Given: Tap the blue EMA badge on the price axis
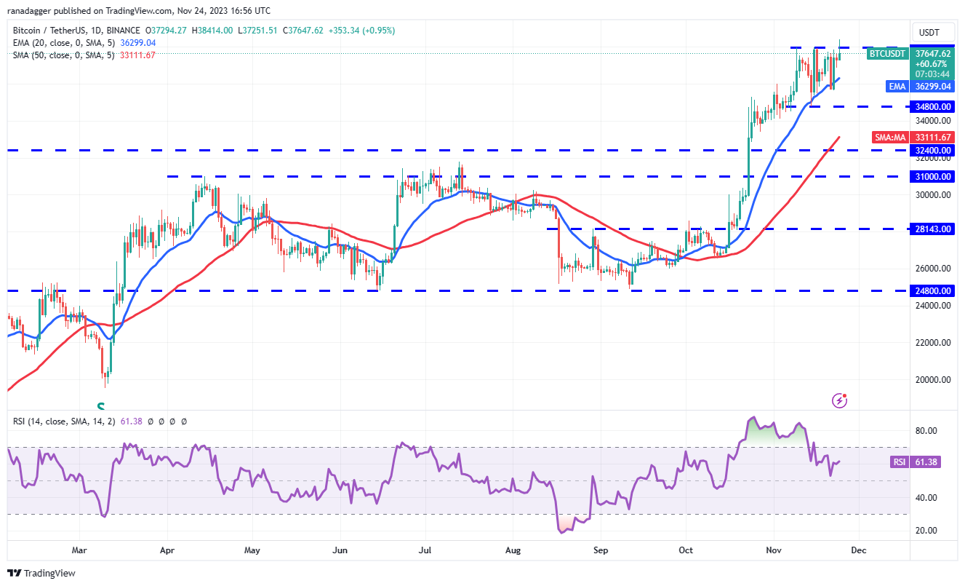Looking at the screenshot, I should [897, 86].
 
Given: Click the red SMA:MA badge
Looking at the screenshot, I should [890, 137].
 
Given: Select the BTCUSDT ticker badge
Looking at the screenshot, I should [888, 53].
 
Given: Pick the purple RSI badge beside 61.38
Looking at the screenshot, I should [898, 462].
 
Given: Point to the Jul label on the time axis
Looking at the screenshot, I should [425, 550].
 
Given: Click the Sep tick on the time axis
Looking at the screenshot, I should [600, 550].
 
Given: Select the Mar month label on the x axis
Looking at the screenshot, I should [80, 550].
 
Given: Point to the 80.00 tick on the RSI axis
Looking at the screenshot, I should [925, 431].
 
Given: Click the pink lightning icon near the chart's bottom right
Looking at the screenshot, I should [840, 400].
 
